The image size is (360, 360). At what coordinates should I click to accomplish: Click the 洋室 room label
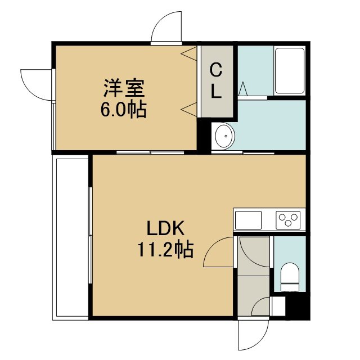[124, 88]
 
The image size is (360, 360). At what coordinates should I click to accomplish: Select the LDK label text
[165, 228]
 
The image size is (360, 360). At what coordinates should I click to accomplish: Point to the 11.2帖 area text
[165, 250]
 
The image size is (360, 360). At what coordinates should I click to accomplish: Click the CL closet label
[216, 81]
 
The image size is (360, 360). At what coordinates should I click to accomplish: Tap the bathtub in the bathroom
[290, 70]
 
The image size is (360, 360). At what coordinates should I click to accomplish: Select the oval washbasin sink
[225, 136]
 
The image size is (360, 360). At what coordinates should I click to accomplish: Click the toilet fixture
[290, 277]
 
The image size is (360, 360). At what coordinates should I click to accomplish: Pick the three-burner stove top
[288, 220]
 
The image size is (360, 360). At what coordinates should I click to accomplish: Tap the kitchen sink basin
[248, 220]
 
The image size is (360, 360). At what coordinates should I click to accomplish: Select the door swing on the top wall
[166, 26]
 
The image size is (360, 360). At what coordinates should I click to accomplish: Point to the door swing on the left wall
[36, 85]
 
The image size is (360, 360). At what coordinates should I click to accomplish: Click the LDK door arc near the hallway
[218, 252]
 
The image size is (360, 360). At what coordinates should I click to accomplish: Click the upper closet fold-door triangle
[189, 53]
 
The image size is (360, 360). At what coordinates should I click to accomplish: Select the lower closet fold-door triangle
[189, 109]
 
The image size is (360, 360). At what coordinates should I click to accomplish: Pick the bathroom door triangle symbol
[242, 89]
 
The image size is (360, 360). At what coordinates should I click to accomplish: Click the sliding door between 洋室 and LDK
[150, 152]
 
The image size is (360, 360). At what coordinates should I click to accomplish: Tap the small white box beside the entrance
[278, 306]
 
